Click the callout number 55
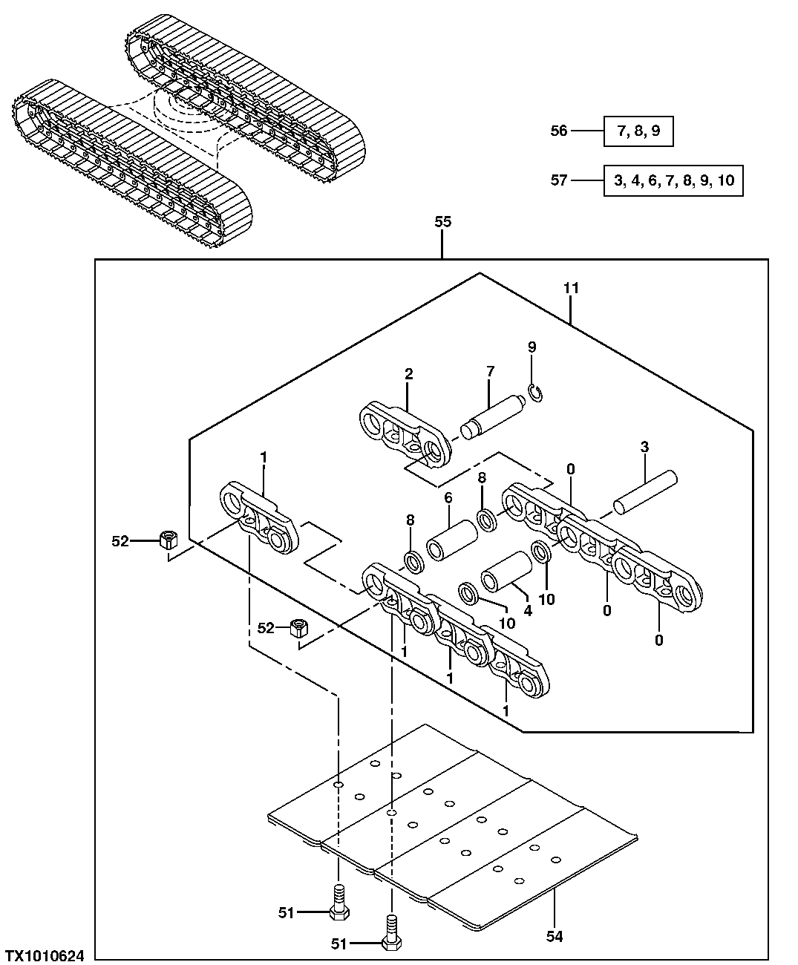(442, 222)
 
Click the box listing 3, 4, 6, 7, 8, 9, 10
(673, 180)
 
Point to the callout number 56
(559, 131)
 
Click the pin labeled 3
(644, 490)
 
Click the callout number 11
(570, 288)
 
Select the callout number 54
(555, 937)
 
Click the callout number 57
(559, 180)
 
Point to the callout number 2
(408, 374)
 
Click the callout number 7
(489, 371)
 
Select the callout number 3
(644, 447)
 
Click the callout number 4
(527, 611)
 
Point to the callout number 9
(532, 347)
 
